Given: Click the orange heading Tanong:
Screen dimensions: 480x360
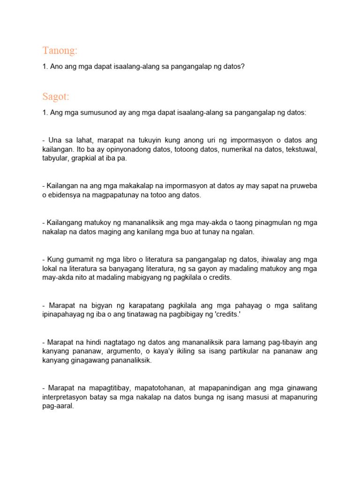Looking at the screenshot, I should pyautogui.click(x=60, y=50).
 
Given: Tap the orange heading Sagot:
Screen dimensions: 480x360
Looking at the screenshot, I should pyautogui.click(x=56, y=97).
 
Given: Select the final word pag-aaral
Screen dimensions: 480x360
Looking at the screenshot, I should pyautogui.click(x=58, y=406).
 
